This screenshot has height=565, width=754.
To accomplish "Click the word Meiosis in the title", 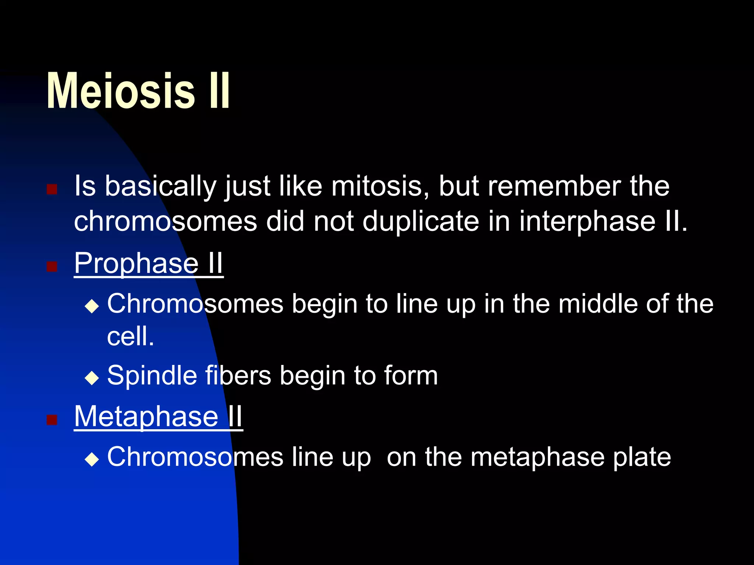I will click(121, 91).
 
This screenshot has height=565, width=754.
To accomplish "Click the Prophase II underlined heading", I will click(148, 263).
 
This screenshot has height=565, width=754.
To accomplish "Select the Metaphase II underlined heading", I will click(158, 416).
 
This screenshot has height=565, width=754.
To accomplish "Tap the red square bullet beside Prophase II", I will click(52, 266).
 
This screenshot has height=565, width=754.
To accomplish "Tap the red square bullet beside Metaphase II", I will click(52, 419).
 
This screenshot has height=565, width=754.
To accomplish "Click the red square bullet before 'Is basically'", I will click(52, 189).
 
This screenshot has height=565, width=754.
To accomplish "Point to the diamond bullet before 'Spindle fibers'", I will click(92, 378).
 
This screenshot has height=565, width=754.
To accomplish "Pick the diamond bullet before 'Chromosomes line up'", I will click(92, 459).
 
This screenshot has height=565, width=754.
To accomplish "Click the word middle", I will click(598, 304).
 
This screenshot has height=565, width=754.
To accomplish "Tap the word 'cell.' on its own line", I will click(130, 336).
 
